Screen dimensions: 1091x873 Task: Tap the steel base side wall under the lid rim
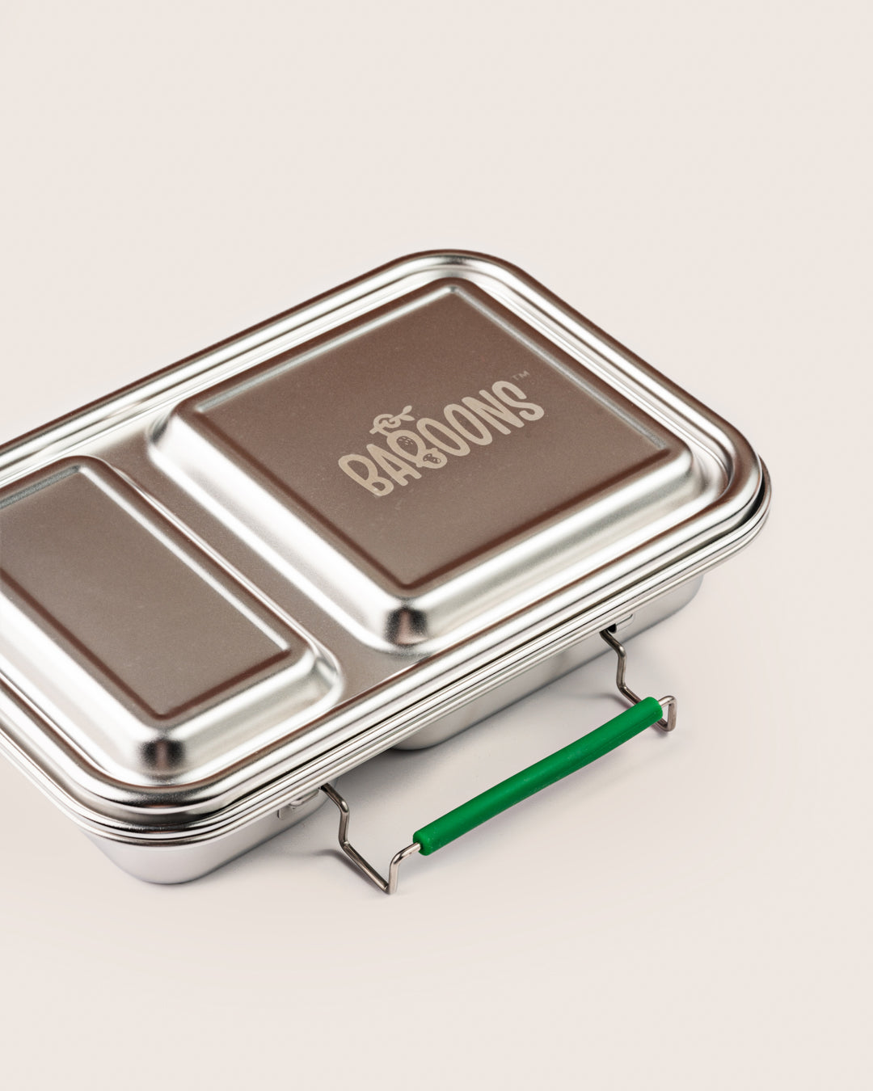click(x=202, y=857)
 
